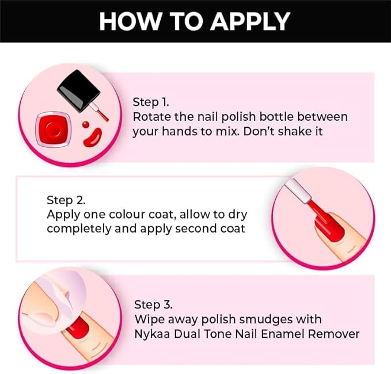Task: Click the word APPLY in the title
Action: [250, 21]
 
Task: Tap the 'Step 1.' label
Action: [151, 102]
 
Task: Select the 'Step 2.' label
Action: [65, 200]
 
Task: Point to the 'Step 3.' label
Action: [153, 304]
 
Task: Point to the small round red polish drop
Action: [86, 124]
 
